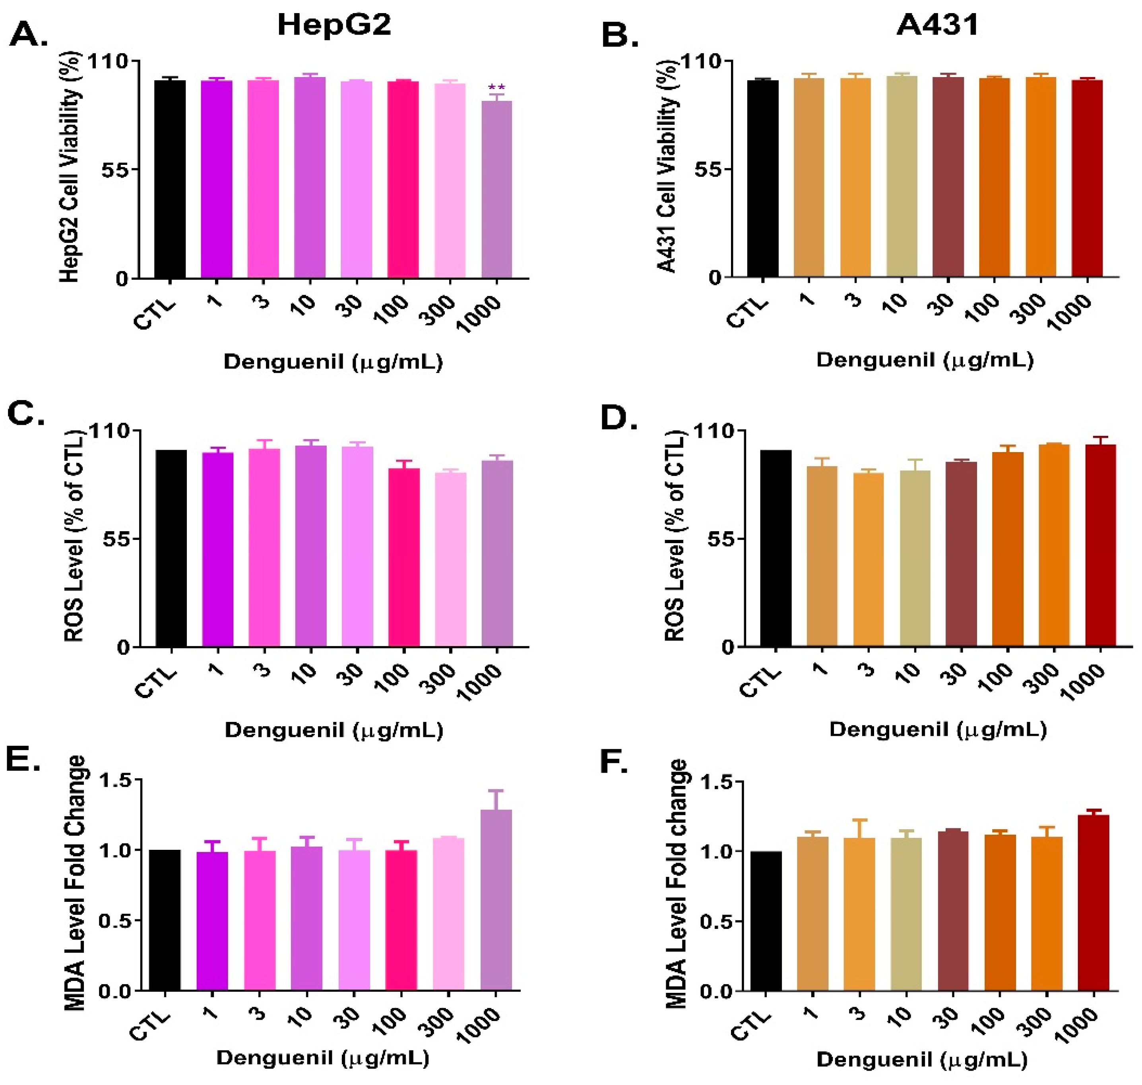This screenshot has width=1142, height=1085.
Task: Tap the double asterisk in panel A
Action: [496, 88]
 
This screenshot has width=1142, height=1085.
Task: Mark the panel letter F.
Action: [614, 762]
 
